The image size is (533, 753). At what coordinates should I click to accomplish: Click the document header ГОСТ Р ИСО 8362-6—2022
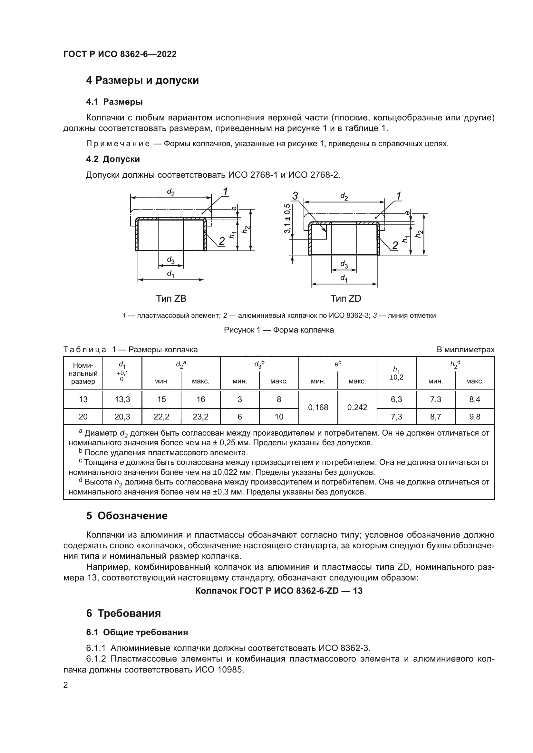coord(120,54)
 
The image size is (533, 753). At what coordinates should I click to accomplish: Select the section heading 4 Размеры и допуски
coord(142,80)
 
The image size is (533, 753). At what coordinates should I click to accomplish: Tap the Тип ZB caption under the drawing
coord(171,298)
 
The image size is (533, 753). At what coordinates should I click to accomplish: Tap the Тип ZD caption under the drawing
coord(345,298)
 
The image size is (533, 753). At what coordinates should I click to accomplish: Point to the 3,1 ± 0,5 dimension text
coord(287,218)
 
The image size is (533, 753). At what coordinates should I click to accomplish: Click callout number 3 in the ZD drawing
coord(295,196)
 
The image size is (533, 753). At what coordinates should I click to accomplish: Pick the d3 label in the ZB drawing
coord(171,260)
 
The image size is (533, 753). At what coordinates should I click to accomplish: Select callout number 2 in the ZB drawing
coord(222,241)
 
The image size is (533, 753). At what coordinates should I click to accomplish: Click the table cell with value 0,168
coord(318,407)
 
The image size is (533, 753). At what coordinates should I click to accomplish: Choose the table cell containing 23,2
coord(200,417)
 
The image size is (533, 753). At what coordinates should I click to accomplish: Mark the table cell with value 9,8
coord(475,417)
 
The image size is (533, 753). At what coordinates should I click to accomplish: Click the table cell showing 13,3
coord(122,400)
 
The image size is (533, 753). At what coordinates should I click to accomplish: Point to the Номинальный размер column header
coord(83,373)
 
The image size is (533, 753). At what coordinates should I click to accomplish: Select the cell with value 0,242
coord(357,407)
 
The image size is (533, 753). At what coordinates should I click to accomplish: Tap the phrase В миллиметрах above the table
coord(465,350)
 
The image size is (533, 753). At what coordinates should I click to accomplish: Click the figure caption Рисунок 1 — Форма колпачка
coord(279,330)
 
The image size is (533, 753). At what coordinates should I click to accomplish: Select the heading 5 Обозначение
coord(127,516)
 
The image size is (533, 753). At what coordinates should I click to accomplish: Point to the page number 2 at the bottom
coord(66,685)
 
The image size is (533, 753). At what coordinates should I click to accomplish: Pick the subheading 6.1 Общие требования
coord(137,632)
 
